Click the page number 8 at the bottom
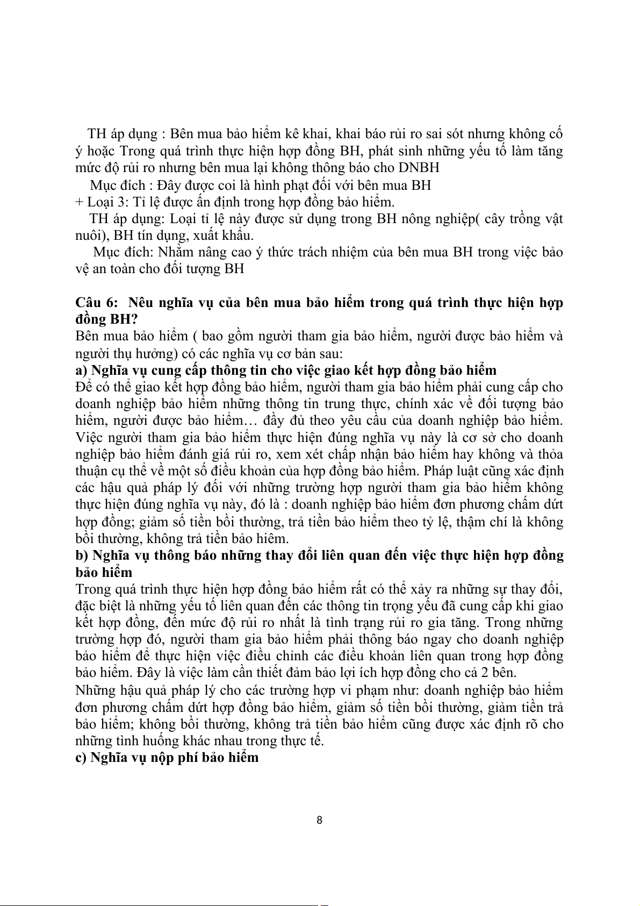click(320, 820)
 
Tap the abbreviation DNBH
click(419, 168)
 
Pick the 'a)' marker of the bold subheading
click(82, 370)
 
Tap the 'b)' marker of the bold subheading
click(82, 555)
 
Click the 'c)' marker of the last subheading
click(82, 758)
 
